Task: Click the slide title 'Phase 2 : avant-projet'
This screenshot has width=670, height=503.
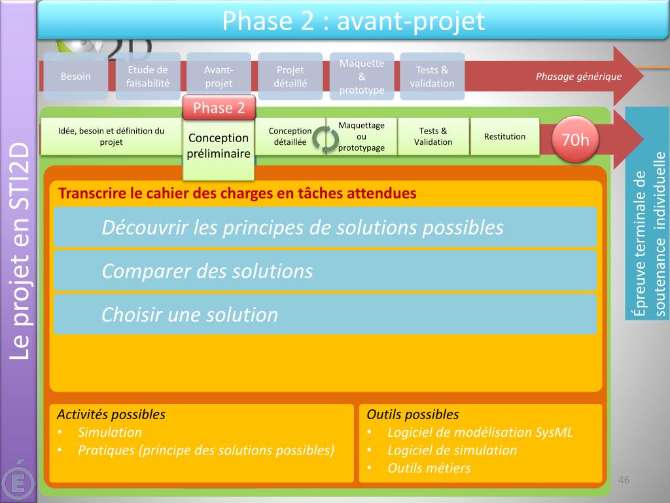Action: (353, 21)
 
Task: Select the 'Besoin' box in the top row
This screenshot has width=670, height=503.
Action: (76, 76)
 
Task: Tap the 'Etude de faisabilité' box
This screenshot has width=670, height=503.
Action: (148, 76)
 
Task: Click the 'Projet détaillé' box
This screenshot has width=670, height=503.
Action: (291, 76)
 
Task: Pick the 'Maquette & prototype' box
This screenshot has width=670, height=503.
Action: (362, 76)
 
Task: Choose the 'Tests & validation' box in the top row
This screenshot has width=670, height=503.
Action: (432, 76)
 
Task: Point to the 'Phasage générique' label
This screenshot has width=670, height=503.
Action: (578, 76)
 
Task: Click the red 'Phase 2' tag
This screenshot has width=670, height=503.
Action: (219, 108)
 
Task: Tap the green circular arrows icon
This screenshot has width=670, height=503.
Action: (325, 138)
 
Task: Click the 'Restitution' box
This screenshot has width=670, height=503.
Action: (504, 136)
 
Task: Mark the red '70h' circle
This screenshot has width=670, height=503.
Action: (576, 140)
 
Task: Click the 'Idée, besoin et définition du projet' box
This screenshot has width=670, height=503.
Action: (111, 136)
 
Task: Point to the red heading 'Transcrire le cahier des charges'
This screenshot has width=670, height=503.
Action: (237, 194)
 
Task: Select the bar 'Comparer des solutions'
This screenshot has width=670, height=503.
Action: (325, 270)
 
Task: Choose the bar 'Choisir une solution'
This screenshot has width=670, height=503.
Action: (325, 314)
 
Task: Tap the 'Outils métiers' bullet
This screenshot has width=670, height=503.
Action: (429, 468)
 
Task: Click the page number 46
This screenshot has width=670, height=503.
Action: (624, 481)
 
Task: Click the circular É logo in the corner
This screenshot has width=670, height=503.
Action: (18, 481)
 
